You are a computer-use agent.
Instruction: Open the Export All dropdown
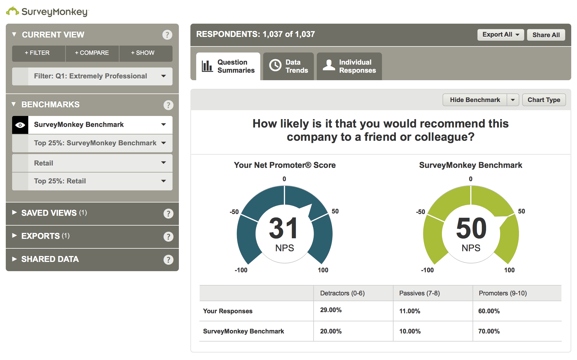[500, 35]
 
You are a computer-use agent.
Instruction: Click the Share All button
[546, 35]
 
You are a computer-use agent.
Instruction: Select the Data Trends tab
[288, 66]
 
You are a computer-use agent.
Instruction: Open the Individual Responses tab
[349, 66]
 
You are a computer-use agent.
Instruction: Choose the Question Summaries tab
[228, 66]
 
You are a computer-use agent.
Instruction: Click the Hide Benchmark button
[475, 100]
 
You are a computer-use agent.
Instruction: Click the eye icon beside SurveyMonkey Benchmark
[20, 125]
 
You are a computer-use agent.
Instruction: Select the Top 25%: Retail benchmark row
[92, 181]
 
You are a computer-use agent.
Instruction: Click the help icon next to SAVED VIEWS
[168, 213]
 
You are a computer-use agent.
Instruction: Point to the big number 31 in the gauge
[283, 228]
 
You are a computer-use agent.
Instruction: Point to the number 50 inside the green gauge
[471, 228]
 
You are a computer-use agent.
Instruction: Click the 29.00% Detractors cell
[331, 310]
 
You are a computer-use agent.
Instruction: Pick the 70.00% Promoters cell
[489, 331]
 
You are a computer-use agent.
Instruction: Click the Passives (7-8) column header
[419, 293]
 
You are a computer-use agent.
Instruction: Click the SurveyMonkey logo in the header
[48, 12]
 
